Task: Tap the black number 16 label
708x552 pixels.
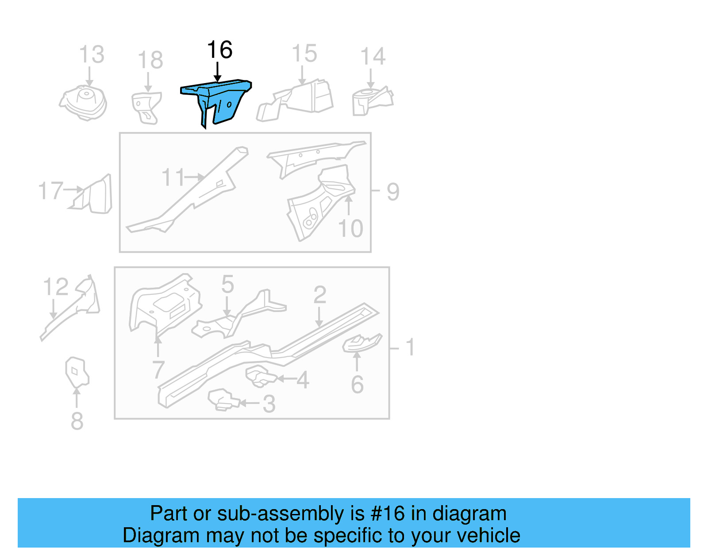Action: click(219, 49)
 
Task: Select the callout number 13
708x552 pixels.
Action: click(92, 55)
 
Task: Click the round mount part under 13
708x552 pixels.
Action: click(84, 103)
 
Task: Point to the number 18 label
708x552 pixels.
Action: click(150, 60)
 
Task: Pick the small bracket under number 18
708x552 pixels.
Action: click(146, 107)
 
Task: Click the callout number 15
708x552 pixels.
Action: click(304, 53)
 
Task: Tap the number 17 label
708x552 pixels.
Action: click(50, 191)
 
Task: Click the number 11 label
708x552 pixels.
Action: click(173, 178)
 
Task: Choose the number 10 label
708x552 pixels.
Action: click(350, 228)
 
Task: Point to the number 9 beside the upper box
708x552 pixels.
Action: click(393, 192)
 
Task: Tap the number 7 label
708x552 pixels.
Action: click(158, 369)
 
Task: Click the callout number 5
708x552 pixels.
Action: click(227, 284)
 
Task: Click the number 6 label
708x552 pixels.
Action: click(357, 385)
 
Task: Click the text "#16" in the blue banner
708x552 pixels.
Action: click(388, 514)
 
